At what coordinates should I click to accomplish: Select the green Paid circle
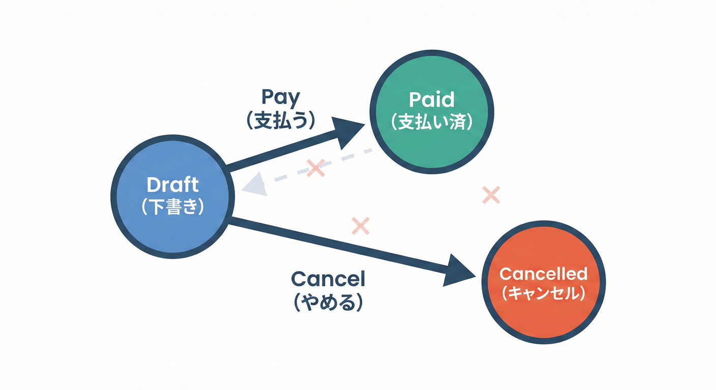click(432, 111)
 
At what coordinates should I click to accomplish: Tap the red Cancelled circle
click(543, 282)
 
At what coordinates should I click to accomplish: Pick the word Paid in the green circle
click(432, 100)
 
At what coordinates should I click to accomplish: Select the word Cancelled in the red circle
click(543, 274)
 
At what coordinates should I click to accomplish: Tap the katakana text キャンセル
click(543, 294)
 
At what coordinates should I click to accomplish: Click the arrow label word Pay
click(281, 96)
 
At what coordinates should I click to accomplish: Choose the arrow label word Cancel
click(328, 279)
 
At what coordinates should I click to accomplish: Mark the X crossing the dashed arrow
click(316, 168)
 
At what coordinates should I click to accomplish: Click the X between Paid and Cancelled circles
click(491, 194)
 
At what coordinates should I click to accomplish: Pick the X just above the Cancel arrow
click(360, 225)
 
